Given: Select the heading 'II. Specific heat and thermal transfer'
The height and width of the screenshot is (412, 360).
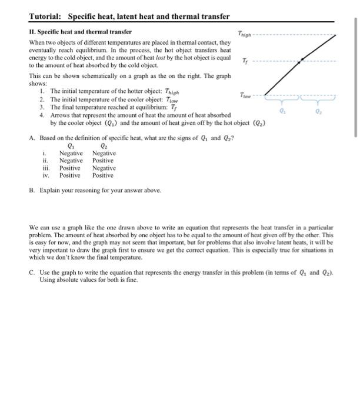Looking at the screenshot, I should tap(80, 31).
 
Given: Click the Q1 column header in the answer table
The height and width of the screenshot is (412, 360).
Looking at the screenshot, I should tap(71, 147).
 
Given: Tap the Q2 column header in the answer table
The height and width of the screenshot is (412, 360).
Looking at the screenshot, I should tap(104, 147).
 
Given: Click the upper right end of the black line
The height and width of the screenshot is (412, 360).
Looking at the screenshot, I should tap(336, 35).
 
